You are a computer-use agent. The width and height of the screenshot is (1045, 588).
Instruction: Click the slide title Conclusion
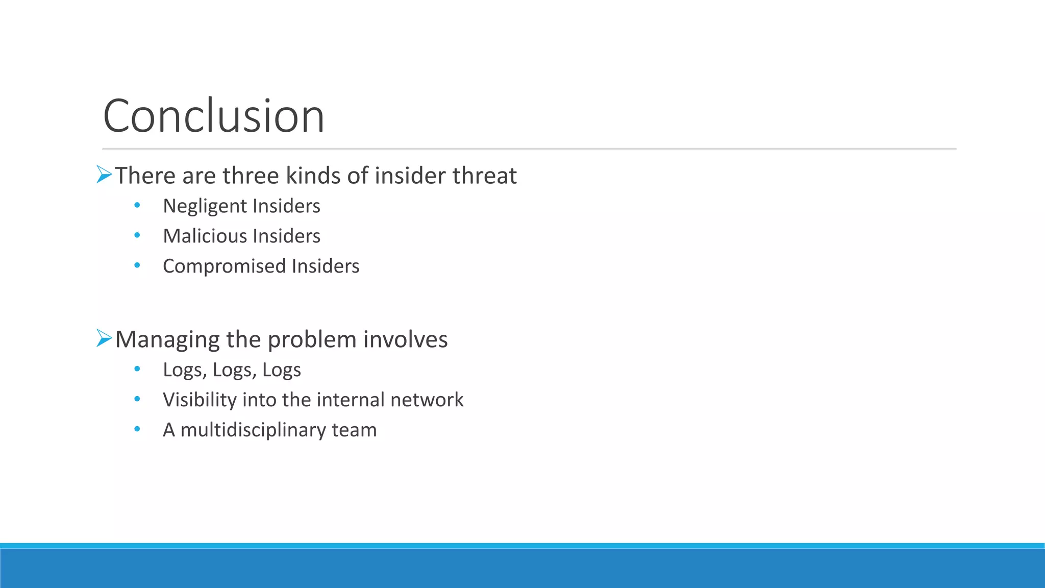click(213, 116)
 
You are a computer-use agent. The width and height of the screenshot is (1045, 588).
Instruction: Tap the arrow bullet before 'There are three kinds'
click(104, 175)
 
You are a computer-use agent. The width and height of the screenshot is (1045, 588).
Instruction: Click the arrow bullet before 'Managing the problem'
click(104, 338)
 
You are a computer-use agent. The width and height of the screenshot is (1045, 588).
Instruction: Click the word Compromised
click(225, 266)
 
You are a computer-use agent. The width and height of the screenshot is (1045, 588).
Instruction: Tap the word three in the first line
click(251, 176)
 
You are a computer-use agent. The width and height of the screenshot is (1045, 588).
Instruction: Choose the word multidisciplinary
click(253, 430)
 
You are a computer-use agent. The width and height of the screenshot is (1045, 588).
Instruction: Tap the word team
click(354, 430)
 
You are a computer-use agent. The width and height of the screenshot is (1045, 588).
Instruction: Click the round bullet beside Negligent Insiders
click(137, 206)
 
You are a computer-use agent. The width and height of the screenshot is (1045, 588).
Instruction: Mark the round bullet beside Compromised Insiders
click(137, 265)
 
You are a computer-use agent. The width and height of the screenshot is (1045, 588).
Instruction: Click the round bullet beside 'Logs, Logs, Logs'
click(137, 369)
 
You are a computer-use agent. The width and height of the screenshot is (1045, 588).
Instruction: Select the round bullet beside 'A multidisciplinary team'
click(137, 429)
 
